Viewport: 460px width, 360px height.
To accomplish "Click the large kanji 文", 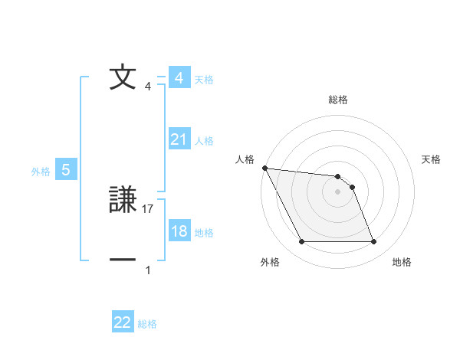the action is pos(123,77).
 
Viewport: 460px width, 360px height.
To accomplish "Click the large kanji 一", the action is pos(123,260).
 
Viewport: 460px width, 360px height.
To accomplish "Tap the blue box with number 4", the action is pos(179,78).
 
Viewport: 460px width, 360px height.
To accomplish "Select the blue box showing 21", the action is pos(179,139).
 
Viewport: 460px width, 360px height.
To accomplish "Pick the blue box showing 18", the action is pos(179,231).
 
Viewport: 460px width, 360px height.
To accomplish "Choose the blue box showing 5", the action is pos(66,170).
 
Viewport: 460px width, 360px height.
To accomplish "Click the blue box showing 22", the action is pos(123,322).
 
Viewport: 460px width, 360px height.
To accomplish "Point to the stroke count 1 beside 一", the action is pos(148,270).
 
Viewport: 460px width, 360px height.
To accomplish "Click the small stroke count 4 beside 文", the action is pos(148,87).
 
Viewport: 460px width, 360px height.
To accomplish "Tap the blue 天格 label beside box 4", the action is pos(204,79).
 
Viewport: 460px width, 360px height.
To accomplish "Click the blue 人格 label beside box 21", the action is pos(204,140).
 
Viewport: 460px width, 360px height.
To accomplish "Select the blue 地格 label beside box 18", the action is pos(204,232).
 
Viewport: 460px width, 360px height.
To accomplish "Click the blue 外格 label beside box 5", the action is pos(41,172).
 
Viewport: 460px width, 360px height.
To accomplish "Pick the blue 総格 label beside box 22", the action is pos(147,323).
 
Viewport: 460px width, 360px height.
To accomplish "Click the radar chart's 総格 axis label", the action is pos(338,100).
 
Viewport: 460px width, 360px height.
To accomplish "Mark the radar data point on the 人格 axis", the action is pos(264,168).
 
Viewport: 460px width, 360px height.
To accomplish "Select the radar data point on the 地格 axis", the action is pos(373,242).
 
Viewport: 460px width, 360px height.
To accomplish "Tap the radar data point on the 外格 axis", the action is pos(301,242).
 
